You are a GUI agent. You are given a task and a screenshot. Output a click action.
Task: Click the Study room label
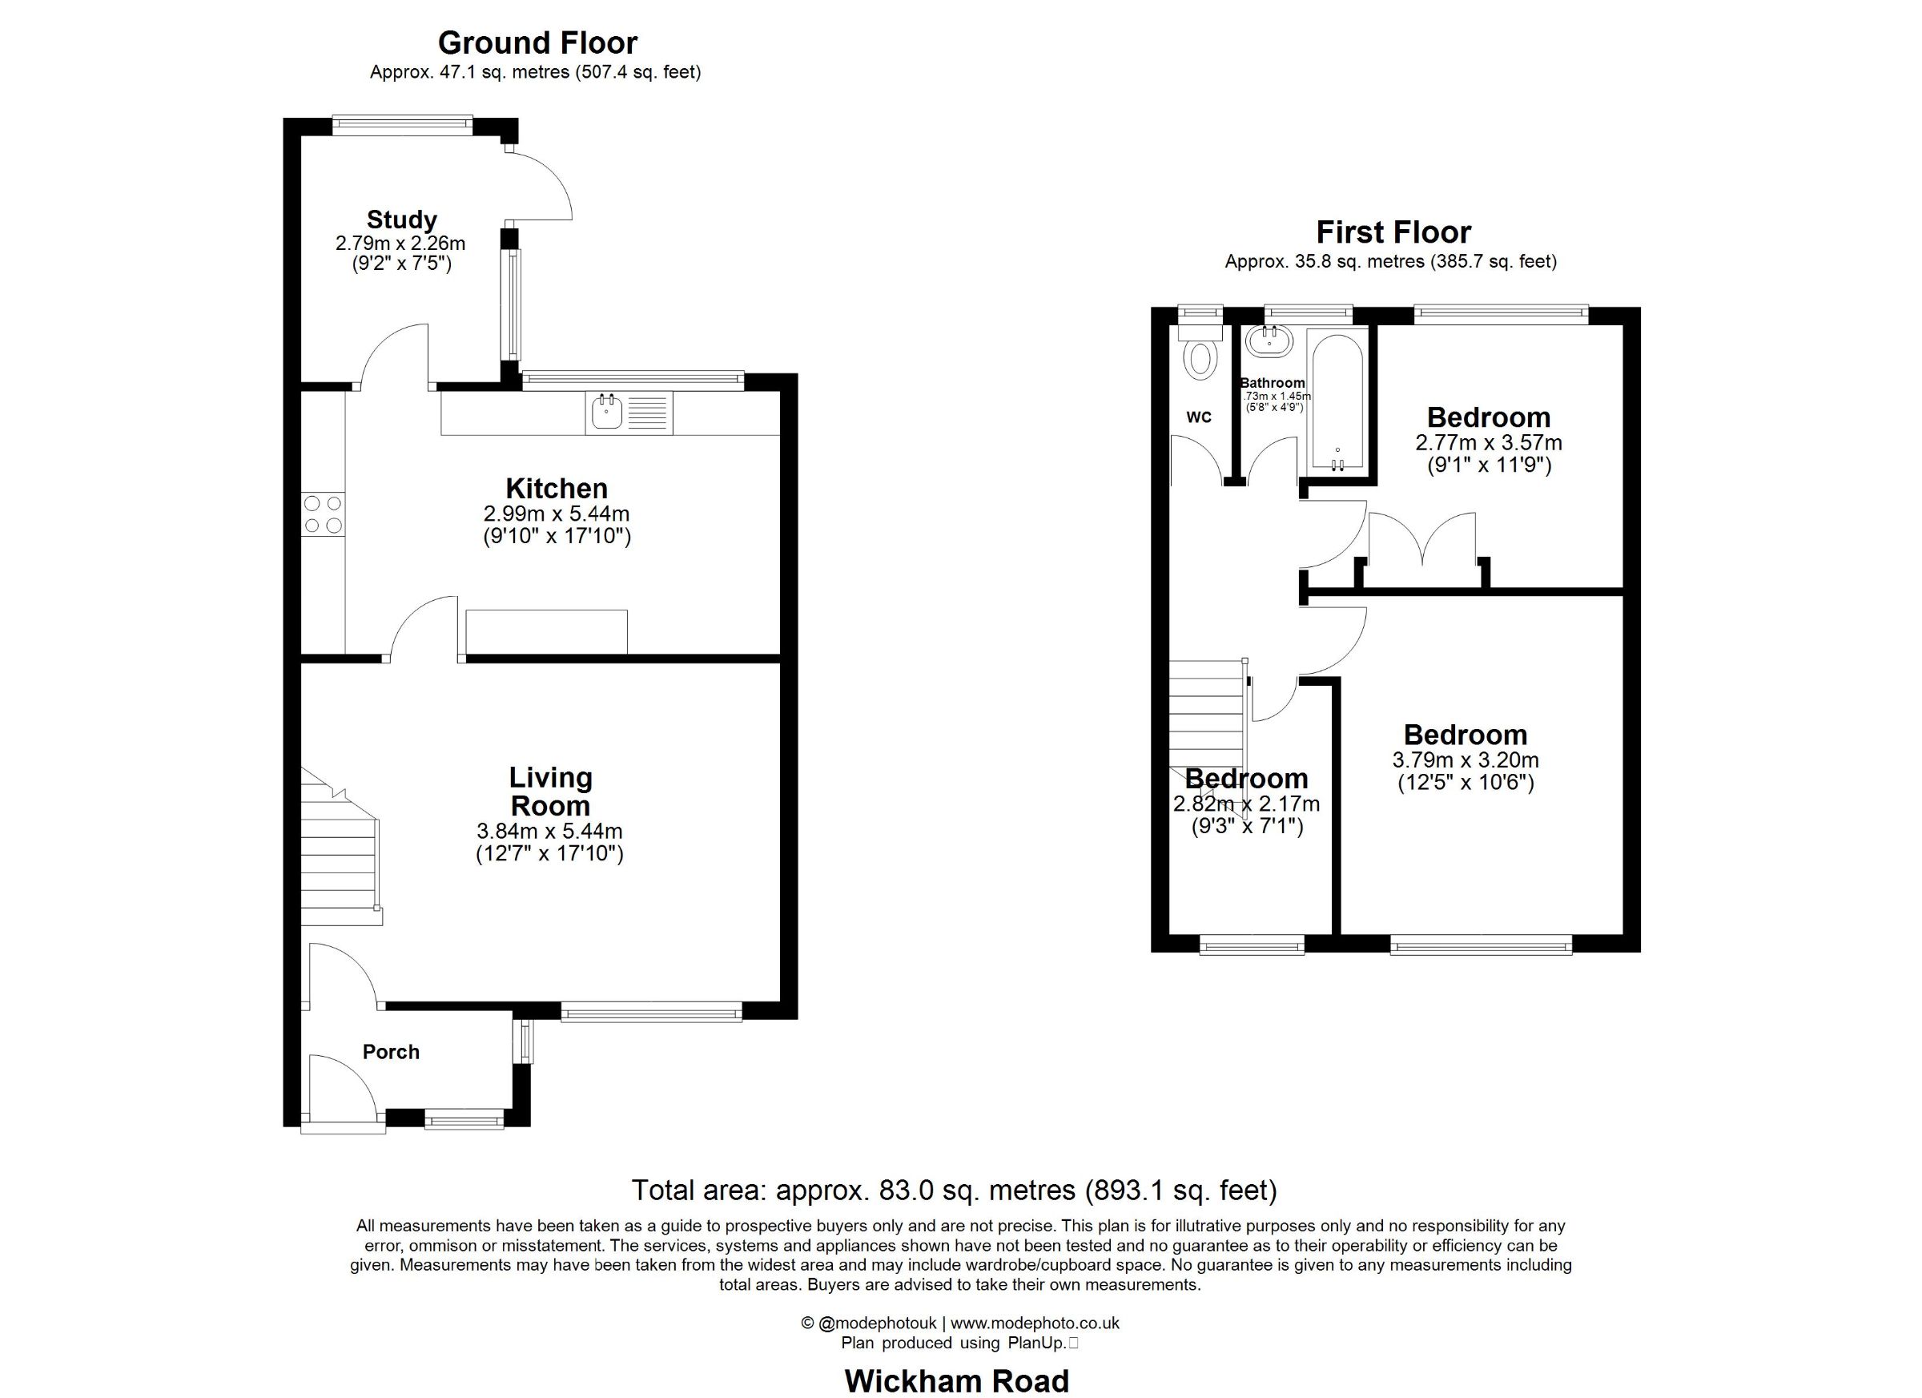coord(401,220)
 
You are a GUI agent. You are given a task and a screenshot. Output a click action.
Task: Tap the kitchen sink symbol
coord(629,413)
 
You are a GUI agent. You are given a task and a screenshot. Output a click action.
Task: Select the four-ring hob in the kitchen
coord(324,514)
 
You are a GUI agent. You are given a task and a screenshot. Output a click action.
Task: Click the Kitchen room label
coord(557,489)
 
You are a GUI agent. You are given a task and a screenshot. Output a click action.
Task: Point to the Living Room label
coord(550,791)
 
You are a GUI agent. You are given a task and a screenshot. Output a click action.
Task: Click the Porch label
coord(391,1052)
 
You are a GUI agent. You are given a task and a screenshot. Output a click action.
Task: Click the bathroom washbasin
coord(1269,341)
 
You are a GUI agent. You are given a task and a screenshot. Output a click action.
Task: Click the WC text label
coord(1198,417)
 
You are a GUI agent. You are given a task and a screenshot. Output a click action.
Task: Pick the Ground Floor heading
coord(537,42)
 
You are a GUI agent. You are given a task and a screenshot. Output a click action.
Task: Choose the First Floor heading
coord(1393,232)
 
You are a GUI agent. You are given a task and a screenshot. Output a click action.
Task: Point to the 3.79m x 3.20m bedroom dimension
coord(1466,760)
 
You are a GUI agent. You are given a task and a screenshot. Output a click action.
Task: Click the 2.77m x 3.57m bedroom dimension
coord(1489,442)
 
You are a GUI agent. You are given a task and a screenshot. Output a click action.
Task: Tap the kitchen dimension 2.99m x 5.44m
coord(557,514)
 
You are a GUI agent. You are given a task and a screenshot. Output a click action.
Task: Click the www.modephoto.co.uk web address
coord(1035,1323)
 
